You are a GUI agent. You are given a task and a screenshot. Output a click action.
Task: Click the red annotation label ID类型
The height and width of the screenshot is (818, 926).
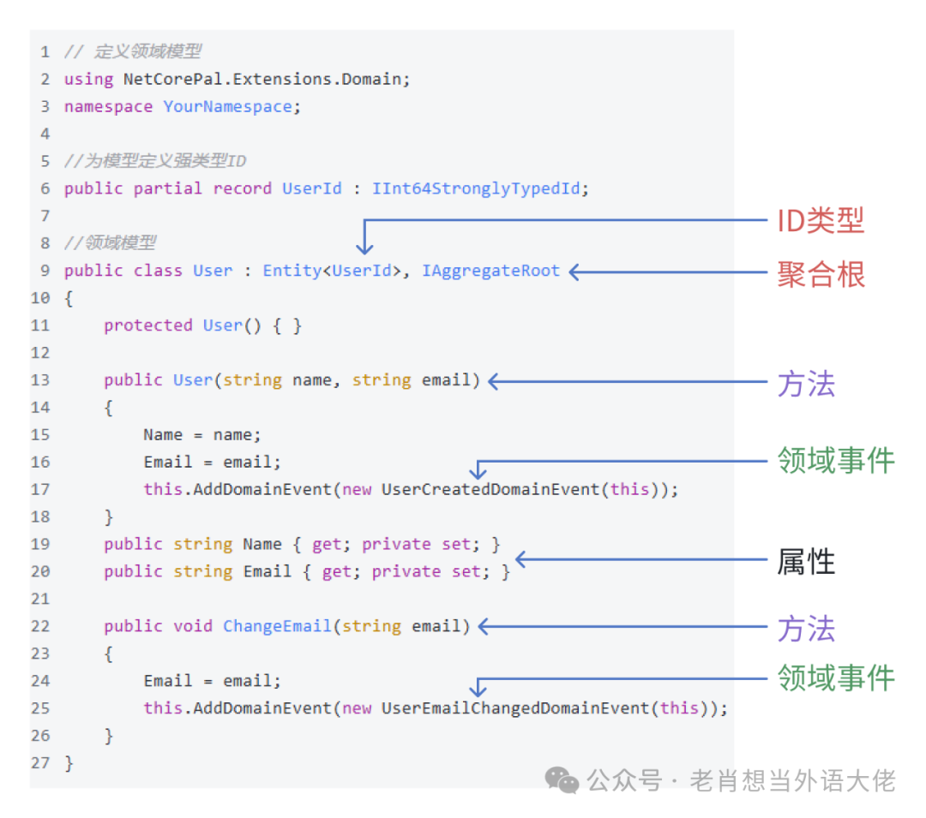pyautogui.click(x=820, y=221)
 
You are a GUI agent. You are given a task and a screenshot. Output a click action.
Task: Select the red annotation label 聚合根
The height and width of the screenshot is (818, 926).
pyautogui.click(x=821, y=274)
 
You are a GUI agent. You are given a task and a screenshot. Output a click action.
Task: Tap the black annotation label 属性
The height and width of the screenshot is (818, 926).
pyautogui.click(x=805, y=562)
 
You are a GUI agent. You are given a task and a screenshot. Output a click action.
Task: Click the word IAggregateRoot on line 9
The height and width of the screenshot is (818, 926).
pyautogui.click(x=490, y=271)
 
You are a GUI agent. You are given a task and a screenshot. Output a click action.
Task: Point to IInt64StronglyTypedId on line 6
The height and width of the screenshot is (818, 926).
pyautogui.click(x=476, y=188)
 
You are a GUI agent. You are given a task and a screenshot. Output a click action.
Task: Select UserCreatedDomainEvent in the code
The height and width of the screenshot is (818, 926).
pyautogui.click(x=490, y=490)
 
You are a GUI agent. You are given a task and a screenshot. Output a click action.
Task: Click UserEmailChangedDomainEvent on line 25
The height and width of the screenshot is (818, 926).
pyautogui.click(x=515, y=708)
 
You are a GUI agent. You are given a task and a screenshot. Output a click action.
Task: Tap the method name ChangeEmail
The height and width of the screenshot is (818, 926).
pyautogui.click(x=277, y=626)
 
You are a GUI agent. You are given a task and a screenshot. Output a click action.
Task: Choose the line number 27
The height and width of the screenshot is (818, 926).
pyautogui.click(x=40, y=763)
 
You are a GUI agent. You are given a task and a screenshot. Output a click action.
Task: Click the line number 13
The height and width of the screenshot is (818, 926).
pyautogui.click(x=40, y=380)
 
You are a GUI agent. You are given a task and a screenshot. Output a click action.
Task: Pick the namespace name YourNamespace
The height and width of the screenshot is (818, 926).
pyautogui.click(x=227, y=106)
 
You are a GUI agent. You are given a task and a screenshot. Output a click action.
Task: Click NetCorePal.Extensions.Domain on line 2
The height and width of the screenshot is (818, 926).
pyautogui.click(x=262, y=79)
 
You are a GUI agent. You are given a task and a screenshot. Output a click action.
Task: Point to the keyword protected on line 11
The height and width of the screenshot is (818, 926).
pyautogui.click(x=147, y=325)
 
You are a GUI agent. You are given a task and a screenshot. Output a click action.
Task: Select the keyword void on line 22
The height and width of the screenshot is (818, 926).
pyautogui.click(x=193, y=626)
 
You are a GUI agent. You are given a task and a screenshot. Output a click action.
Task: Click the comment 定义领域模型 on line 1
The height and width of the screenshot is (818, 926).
pyautogui.click(x=147, y=51)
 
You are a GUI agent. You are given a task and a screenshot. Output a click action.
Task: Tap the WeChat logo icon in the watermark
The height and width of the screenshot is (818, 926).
pyautogui.click(x=563, y=779)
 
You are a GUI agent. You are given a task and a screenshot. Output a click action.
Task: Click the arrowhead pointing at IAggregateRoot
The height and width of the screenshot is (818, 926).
pyautogui.click(x=575, y=272)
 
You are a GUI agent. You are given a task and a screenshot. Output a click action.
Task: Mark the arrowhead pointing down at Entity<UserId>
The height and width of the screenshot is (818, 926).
pyautogui.click(x=365, y=248)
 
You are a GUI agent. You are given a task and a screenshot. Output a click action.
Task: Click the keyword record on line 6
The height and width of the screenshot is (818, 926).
pyautogui.click(x=242, y=188)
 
